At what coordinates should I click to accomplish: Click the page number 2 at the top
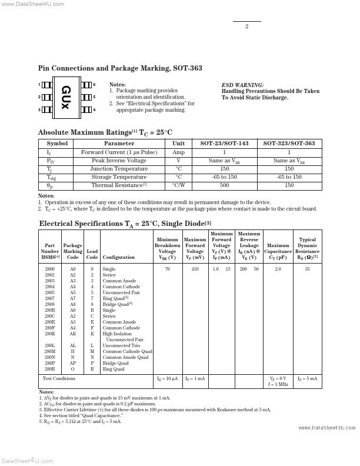click(246, 26)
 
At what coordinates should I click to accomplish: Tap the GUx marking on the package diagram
click(65, 97)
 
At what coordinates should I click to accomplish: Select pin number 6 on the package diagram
click(94, 85)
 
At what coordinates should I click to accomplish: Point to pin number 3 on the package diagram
click(39, 109)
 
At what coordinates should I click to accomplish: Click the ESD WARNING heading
click(242, 85)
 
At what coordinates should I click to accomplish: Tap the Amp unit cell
click(178, 152)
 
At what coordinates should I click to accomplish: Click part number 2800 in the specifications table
click(49, 269)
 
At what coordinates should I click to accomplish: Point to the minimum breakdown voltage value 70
click(167, 269)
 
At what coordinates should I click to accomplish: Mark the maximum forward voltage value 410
click(195, 269)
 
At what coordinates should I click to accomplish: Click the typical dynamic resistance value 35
click(307, 269)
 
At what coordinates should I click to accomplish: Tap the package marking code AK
click(72, 334)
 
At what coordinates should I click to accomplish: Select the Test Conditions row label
click(59, 379)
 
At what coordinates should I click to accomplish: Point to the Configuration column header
click(118, 257)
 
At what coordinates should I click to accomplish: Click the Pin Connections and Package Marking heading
click(120, 68)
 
